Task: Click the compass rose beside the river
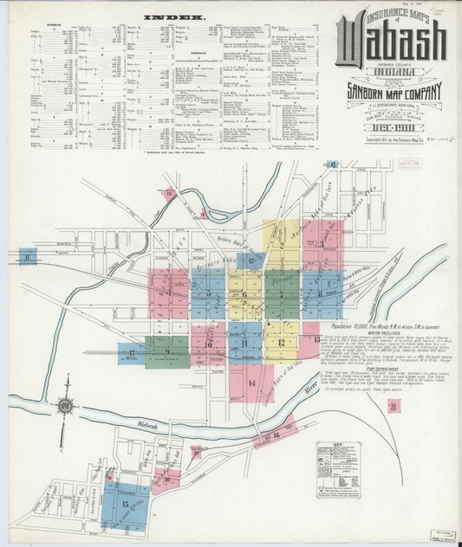pyautogui.click(x=65, y=405)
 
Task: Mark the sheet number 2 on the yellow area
pyautogui.click(x=282, y=245)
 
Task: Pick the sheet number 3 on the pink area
pyautogui.click(x=321, y=245)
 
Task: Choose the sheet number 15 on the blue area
pyautogui.click(x=126, y=503)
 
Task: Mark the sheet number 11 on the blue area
pyautogui.click(x=245, y=344)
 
